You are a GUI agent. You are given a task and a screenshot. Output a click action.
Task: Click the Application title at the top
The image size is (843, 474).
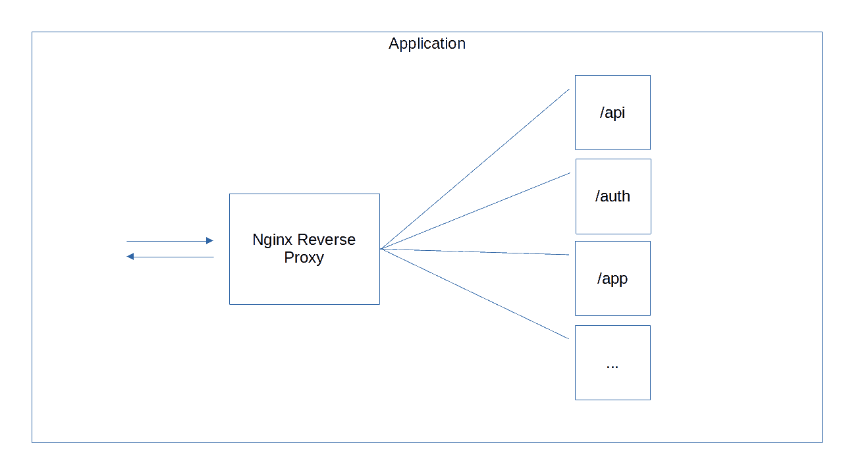click(x=427, y=43)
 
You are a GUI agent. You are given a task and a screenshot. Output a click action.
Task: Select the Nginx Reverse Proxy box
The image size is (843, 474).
click(x=304, y=283)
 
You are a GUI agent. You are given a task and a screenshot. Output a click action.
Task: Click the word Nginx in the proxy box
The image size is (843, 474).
click(x=272, y=240)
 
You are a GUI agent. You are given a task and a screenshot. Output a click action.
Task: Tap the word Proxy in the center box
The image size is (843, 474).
click(x=304, y=257)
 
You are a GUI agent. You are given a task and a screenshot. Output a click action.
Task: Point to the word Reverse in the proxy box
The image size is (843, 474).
click(x=327, y=240)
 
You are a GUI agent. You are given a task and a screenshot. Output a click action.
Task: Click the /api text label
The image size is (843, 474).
click(x=612, y=113)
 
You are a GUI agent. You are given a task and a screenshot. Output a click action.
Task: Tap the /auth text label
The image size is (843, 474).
click(x=612, y=196)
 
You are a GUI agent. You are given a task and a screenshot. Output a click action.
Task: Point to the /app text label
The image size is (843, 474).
click(x=612, y=279)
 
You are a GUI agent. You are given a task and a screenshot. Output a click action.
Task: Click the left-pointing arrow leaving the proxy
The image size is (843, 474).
click(x=170, y=257)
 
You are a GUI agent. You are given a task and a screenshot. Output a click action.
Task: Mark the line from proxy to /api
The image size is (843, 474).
click(x=475, y=169)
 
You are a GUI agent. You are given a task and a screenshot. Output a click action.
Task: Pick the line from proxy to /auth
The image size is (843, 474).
click(x=475, y=211)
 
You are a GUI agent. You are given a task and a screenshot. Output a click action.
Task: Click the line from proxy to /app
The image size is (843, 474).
click(x=475, y=251)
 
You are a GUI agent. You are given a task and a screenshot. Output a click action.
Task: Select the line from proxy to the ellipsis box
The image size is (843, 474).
click(x=475, y=294)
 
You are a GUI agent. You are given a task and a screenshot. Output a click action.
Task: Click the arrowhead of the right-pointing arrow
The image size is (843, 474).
click(x=210, y=241)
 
